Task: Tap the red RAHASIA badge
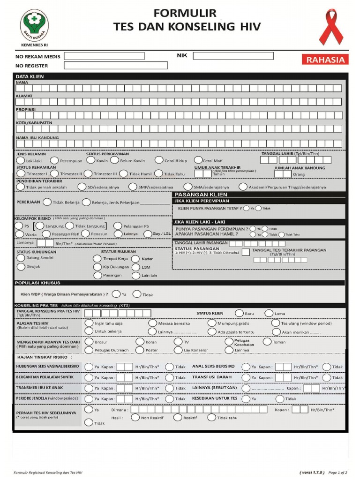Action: click(325, 60)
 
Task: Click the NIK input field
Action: click(233, 56)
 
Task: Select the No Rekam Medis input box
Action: click(104, 56)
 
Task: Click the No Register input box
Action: click(109, 66)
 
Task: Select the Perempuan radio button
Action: click(54, 160)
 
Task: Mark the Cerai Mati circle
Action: click(198, 160)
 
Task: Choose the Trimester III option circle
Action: click(89, 173)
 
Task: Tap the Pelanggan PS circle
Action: click(118, 226)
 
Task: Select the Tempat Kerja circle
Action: click(97, 259)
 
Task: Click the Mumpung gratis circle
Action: click(212, 323)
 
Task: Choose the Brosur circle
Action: click(89, 342)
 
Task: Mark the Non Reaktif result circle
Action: click(135, 417)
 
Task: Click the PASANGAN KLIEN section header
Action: click(201, 195)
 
